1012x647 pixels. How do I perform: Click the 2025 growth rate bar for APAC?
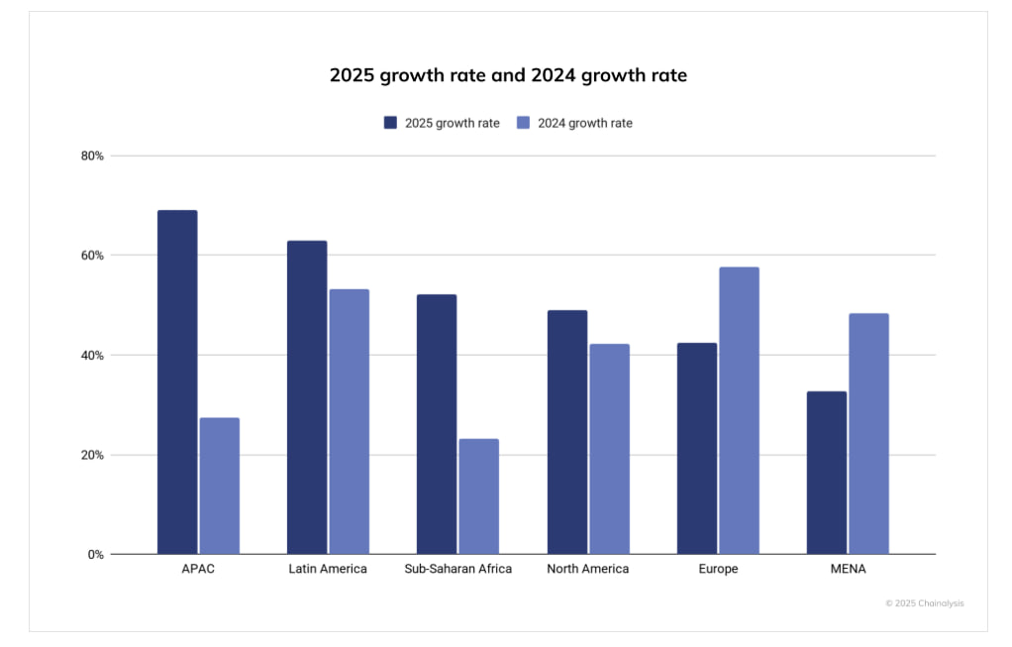point(177,382)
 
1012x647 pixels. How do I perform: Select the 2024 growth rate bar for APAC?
point(219,485)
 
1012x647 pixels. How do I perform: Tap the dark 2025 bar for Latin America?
point(307,397)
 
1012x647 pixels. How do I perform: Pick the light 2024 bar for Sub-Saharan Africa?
point(478,496)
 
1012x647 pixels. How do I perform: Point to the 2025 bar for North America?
point(567,432)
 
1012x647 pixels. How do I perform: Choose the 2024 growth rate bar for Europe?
point(739,410)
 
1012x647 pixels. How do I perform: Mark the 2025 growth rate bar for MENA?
point(827,473)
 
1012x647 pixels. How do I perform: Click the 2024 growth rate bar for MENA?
point(868,434)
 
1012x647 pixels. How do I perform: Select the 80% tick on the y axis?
point(93,156)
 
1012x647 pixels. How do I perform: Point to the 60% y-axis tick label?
point(93,256)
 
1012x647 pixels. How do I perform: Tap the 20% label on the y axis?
point(93,456)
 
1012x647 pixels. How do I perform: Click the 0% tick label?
point(95,555)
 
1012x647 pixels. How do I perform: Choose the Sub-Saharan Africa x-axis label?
point(458,570)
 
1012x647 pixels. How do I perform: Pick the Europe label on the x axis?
point(718,570)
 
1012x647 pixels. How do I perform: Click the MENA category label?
point(848,570)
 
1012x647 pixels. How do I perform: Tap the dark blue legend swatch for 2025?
point(391,123)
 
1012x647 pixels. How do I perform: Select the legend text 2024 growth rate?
point(585,123)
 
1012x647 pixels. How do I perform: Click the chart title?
point(508,75)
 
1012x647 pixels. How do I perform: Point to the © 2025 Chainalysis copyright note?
point(924,602)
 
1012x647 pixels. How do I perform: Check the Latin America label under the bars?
point(328,570)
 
